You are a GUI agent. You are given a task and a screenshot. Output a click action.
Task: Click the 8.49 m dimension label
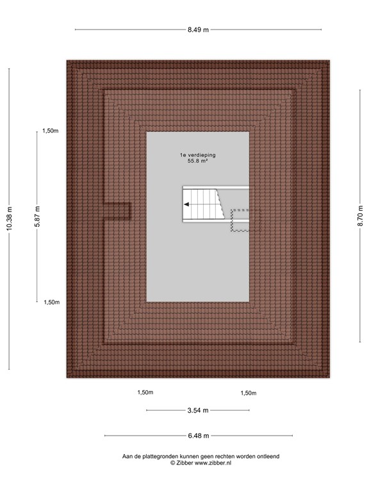click(x=197, y=29)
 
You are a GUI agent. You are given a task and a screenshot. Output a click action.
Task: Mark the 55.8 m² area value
click(x=197, y=162)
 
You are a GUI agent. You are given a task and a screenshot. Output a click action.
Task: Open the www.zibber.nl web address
click(x=209, y=463)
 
